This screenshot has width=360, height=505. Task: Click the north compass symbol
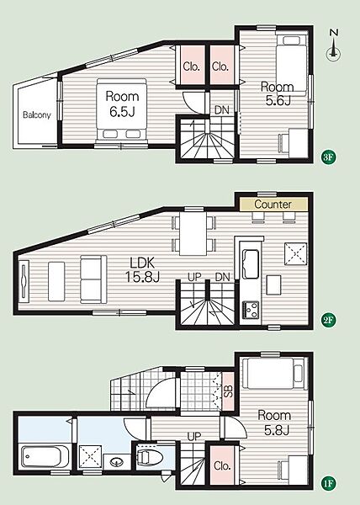pyautogui.click(x=334, y=45)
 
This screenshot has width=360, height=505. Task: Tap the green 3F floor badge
pyautogui.click(x=329, y=157)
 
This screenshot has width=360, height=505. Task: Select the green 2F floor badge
pyautogui.click(x=329, y=320)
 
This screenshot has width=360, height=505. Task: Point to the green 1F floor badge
pyautogui.click(x=329, y=483)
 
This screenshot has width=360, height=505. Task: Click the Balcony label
pyautogui.click(x=37, y=114)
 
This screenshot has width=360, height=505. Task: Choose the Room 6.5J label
pyautogui.click(x=122, y=104)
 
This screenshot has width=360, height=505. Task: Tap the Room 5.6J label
pyautogui.click(x=278, y=93)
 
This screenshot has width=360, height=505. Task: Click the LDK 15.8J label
pyautogui.click(x=142, y=269)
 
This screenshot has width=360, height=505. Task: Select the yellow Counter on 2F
pyautogui.click(x=273, y=205)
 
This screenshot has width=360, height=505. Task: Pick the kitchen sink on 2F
pyautogui.click(x=251, y=264)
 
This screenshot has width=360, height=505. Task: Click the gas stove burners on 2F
pyautogui.click(x=251, y=309)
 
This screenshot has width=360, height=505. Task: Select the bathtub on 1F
pyautogui.click(x=41, y=457)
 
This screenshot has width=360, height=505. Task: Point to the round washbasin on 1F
pyautogui.click(x=116, y=462)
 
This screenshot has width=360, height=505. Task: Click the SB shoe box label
pyautogui.click(x=228, y=391)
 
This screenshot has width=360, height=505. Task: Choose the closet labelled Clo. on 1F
pyautogui.click(x=222, y=465)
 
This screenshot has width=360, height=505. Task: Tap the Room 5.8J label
pyautogui.click(x=274, y=423)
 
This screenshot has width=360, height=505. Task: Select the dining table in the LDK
pyautogui.click(x=193, y=233)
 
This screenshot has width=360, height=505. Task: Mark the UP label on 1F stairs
pyautogui.click(x=194, y=437)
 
